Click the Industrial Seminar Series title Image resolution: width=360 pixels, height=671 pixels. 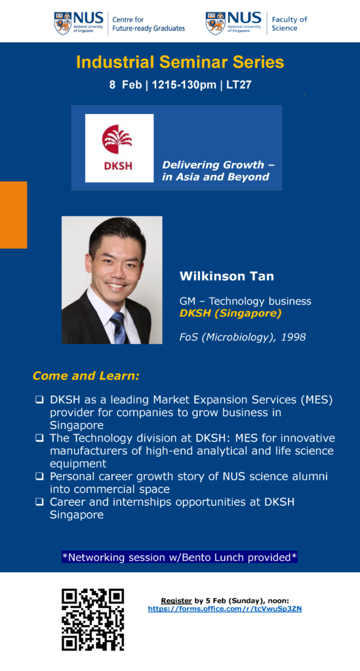tap(180, 62)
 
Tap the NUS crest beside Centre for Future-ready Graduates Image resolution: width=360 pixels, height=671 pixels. tap(62, 23)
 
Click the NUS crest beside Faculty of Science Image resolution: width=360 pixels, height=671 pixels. tap(215, 23)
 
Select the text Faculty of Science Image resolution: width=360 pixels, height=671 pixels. tap(289, 24)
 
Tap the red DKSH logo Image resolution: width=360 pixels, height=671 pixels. tap(119, 148)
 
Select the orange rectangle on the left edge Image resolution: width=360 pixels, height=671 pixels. tap(13, 215)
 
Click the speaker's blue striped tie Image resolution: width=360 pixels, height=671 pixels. tap(118, 325)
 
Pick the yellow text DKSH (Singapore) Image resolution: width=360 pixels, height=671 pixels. tap(230, 313)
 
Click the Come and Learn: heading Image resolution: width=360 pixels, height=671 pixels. tap(86, 376)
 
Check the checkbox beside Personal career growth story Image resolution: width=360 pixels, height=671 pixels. tap(40, 476)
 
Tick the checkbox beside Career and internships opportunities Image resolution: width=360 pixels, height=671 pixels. tap(40, 502)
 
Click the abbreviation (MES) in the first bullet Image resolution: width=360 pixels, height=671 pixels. tap(312, 399)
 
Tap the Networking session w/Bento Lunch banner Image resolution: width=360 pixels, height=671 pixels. tap(180, 557)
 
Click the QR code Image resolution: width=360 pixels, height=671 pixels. tap(92, 619)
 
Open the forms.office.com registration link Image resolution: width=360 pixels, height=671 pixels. tap(225, 609)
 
